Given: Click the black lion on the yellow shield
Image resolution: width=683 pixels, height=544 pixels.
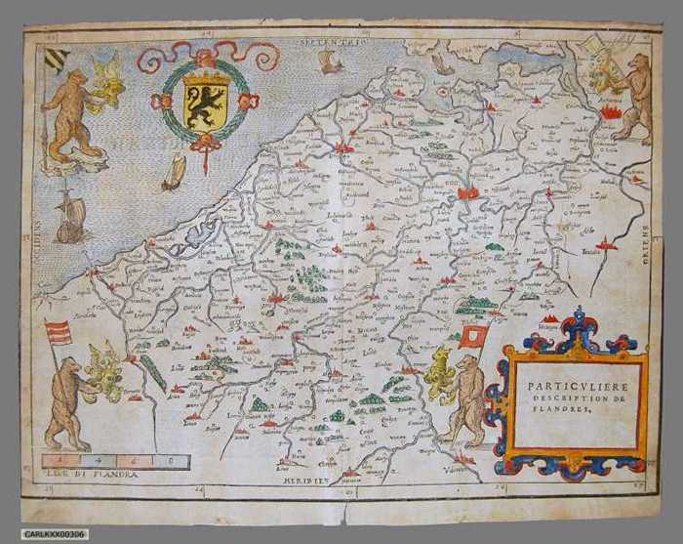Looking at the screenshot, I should (205, 105).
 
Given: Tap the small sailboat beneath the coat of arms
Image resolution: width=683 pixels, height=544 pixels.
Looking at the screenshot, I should (174, 173).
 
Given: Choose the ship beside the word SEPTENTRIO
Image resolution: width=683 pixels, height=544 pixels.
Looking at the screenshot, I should (331, 63).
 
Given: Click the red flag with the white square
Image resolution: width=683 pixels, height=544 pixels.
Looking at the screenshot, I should (474, 335).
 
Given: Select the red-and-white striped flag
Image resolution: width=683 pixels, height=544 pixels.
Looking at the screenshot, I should (58, 332).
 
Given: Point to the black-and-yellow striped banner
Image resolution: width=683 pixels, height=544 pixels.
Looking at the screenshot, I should (58, 58).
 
